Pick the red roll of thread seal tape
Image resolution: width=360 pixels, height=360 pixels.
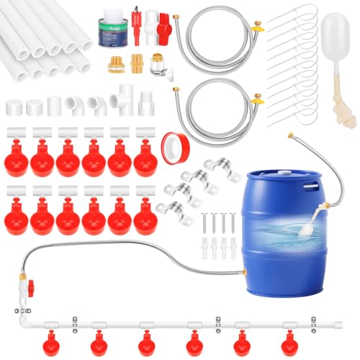pos(172,143)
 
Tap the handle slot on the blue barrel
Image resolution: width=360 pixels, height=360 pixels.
pos(310,185)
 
